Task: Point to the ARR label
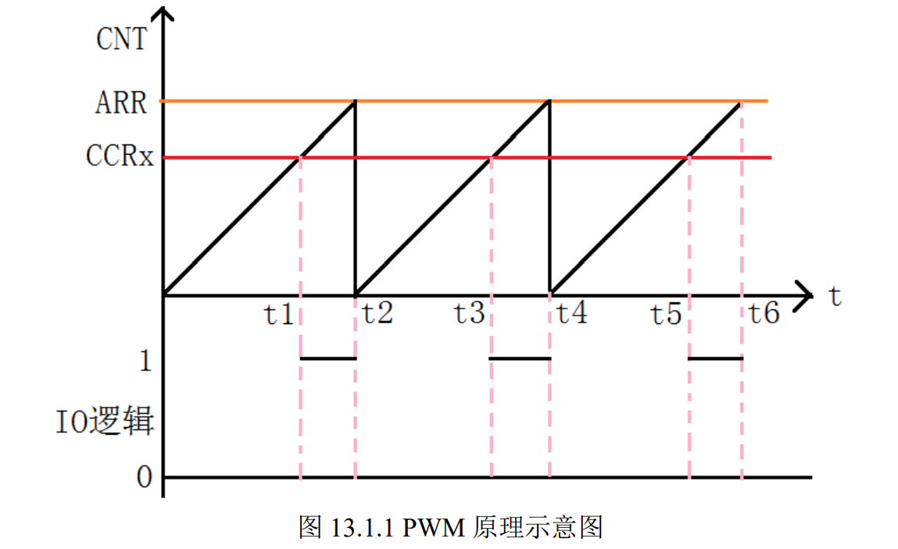tap(121, 102)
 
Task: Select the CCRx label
tap(120, 157)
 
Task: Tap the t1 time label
tap(278, 315)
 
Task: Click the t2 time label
tap(377, 315)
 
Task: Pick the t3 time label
tap(470, 315)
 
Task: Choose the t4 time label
tap(571, 315)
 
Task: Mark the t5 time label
tap(667, 315)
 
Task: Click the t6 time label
tap(764, 315)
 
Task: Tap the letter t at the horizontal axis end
tap(835, 296)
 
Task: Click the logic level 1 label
tap(145, 361)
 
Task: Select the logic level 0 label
tap(144, 477)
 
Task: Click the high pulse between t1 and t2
tap(328, 358)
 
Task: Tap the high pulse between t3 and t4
tap(520, 358)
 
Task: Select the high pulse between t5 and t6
tap(715, 358)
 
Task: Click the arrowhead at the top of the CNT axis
tap(163, 14)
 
